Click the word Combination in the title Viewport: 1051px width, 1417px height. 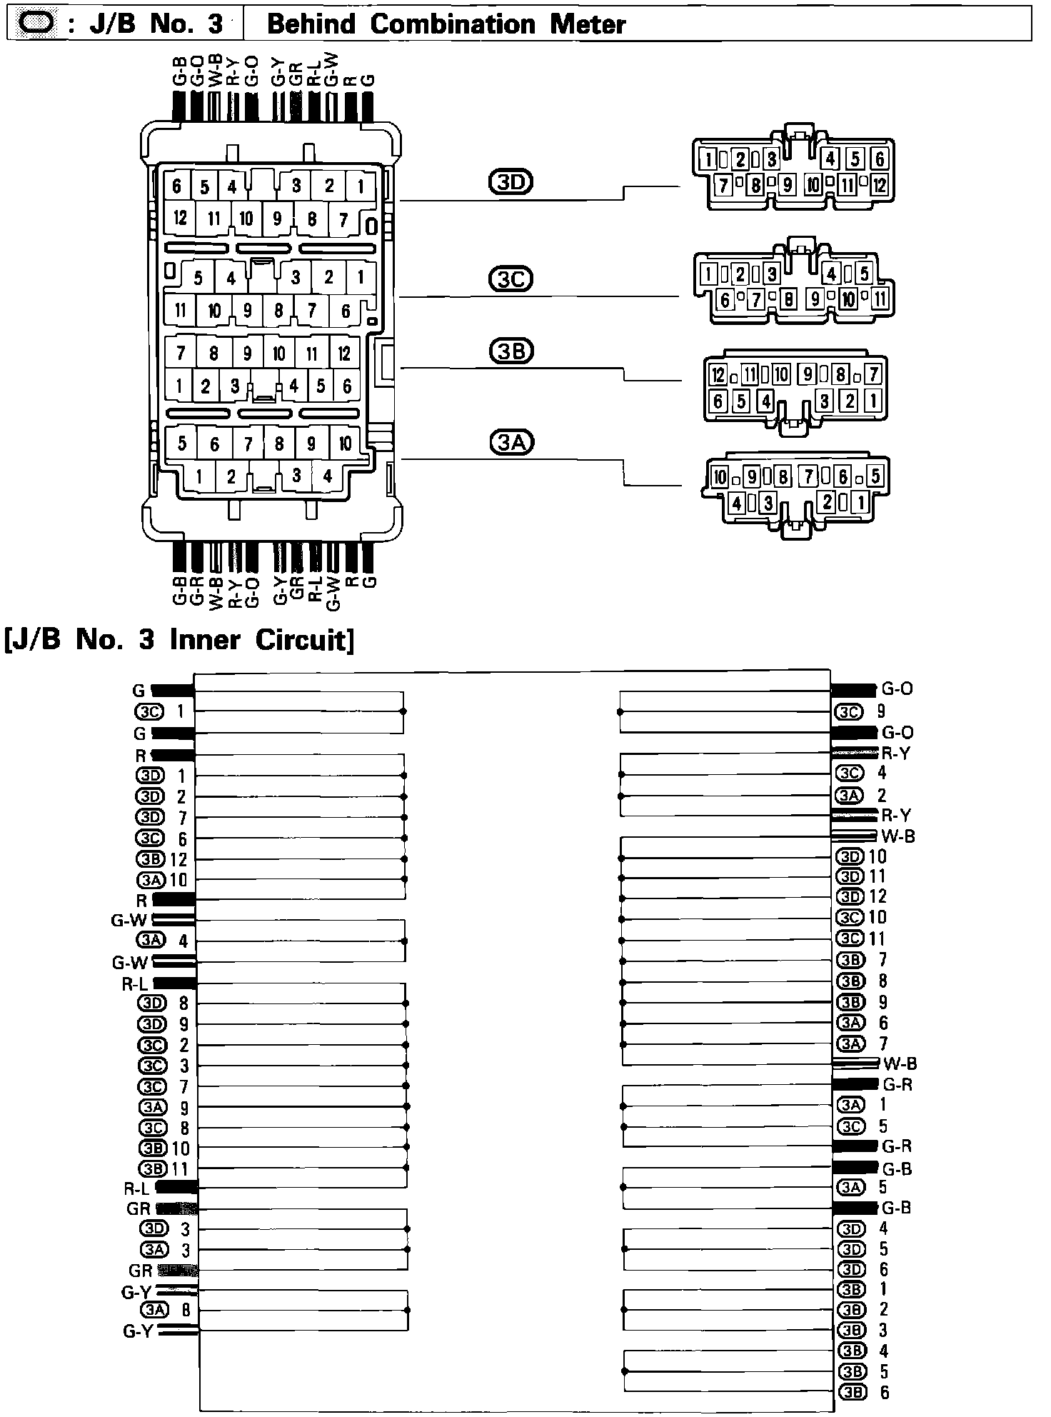(453, 24)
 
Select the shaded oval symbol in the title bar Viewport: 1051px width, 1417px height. (34, 24)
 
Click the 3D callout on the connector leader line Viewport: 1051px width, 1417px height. (511, 184)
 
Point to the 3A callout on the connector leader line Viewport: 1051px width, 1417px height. (511, 443)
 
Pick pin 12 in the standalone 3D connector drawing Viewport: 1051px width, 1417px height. (879, 186)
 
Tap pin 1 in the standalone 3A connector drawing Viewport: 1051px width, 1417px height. (861, 503)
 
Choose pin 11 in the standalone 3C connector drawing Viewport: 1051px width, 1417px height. (880, 299)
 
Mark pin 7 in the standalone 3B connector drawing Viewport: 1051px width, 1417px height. (873, 374)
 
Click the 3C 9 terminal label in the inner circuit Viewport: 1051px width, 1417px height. (861, 712)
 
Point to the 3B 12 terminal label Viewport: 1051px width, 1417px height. (161, 859)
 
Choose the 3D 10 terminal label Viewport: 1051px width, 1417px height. (862, 856)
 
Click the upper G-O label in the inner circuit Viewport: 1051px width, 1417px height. (897, 689)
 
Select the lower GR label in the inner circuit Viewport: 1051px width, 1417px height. (140, 1271)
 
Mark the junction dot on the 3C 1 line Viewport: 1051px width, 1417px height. (403, 711)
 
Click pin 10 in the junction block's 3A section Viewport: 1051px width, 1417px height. (345, 444)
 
